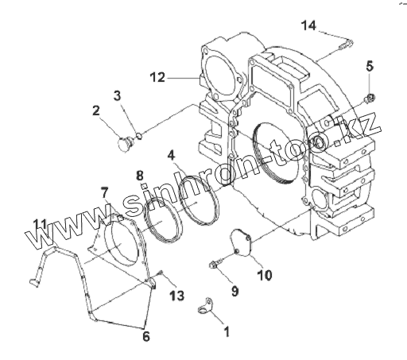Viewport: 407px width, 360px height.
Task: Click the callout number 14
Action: pyautogui.click(x=308, y=25)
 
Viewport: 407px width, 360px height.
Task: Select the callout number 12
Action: pyautogui.click(x=157, y=77)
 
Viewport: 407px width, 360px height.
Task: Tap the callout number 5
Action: pyautogui.click(x=370, y=66)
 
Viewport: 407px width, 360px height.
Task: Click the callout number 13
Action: pyautogui.click(x=176, y=295)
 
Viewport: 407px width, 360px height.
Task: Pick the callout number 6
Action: pyautogui.click(x=146, y=336)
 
